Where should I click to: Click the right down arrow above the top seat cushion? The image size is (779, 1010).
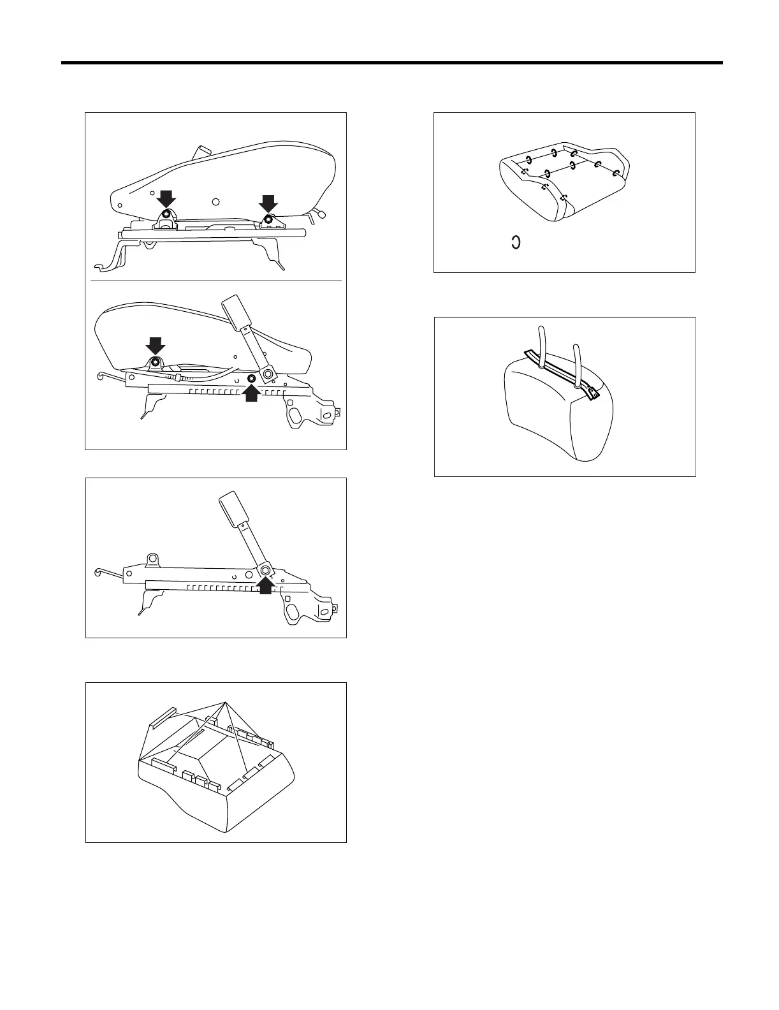[x=268, y=203]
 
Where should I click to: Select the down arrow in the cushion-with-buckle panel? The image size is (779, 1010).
[x=155, y=346]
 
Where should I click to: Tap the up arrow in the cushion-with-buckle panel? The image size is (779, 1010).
[x=251, y=393]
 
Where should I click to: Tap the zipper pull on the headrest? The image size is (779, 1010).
[x=595, y=397]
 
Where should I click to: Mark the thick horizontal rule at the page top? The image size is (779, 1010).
[x=391, y=63]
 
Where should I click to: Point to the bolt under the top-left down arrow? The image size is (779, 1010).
[x=166, y=214]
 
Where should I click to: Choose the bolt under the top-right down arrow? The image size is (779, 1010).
[x=268, y=220]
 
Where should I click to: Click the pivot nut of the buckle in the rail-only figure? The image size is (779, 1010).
[x=265, y=569]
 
